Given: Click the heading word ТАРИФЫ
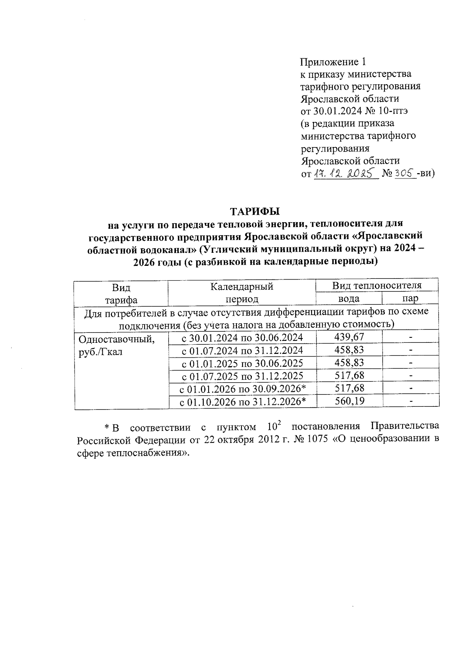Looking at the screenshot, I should tap(255, 211).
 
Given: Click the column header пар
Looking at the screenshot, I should tap(410, 298).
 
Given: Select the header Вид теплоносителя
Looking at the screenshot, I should tap(376, 285).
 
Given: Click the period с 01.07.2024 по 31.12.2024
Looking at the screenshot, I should tap(242, 350).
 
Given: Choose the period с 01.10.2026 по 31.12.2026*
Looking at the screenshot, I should tap(243, 402).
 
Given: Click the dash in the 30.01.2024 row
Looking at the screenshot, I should tap(411, 337).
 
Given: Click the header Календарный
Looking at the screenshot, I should tap(242, 286).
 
